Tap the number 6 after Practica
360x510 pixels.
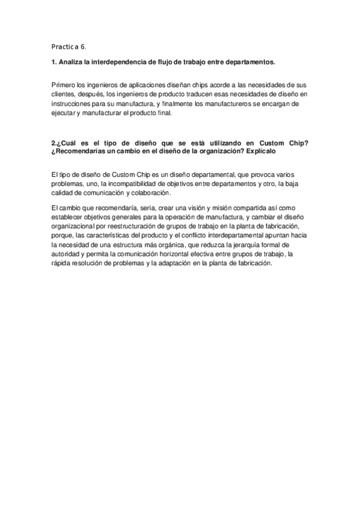pos(84,46)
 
